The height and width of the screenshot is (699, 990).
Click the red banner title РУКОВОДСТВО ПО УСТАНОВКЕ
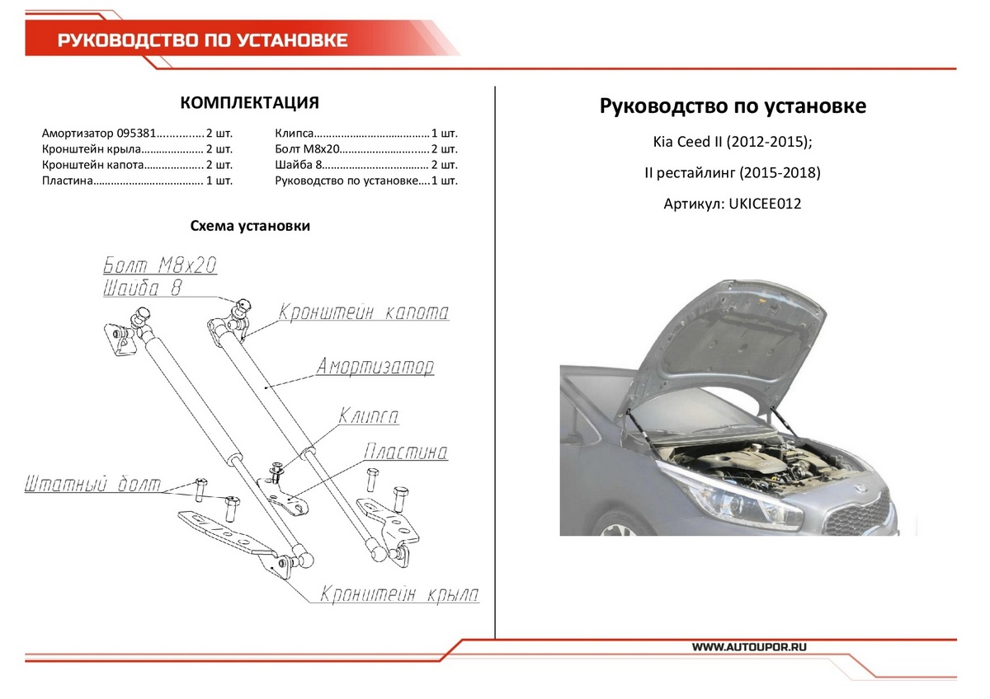point(202,40)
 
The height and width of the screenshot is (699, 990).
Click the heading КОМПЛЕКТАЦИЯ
point(249,103)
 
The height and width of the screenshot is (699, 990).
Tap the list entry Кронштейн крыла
point(92,149)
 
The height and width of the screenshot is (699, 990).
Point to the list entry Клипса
point(295,133)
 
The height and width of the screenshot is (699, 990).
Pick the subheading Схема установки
point(250,226)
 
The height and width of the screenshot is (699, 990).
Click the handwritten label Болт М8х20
point(160,265)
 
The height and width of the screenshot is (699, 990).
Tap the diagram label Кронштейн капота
point(364,313)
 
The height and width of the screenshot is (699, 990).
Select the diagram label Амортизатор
point(375,366)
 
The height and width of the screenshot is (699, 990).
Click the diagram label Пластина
point(405,453)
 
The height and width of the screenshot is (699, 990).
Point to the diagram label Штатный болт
point(92,483)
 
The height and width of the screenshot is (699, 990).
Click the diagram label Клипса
point(368,416)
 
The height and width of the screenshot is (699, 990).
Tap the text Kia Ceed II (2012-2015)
point(732,142)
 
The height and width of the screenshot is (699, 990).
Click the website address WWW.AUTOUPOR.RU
point(749,647)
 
